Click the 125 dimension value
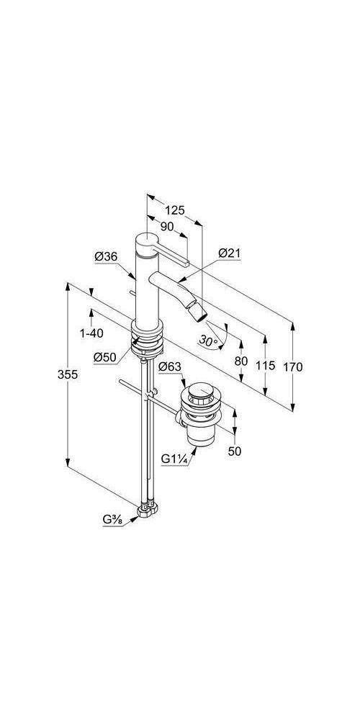click(175, 210)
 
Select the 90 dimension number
click(167, 226)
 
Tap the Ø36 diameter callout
click(106, 257)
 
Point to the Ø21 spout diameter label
click(230, 253)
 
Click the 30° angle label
click(207, 341)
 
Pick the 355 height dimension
click(68, 374)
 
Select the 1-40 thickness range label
click(92, 333)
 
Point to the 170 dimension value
click(292, 367)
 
